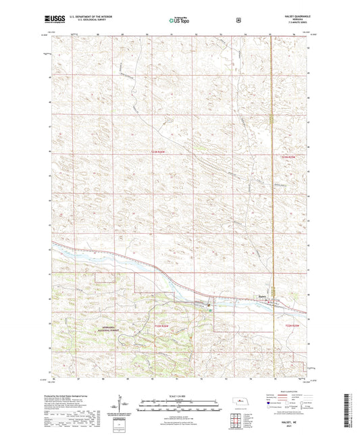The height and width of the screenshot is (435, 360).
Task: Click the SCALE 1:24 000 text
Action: tap(179, 396)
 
